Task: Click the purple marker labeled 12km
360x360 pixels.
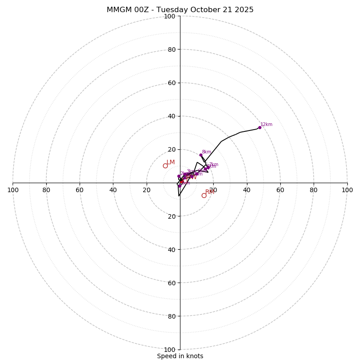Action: pos(260,127)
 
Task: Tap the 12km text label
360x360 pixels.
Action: pos(266,125)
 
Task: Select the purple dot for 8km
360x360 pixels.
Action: pos(201,155)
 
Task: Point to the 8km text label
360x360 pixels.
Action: pos(207,152)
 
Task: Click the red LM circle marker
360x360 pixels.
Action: pos(165,166)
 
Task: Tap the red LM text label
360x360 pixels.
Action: pos(171,162)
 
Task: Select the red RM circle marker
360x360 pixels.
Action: pos(204,195)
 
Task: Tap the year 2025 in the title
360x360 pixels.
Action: pos(243,10)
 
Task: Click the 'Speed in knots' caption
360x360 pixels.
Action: pos(180,356)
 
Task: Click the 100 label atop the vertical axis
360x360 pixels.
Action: pos(170,16)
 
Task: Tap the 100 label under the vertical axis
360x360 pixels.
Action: pos(170,349)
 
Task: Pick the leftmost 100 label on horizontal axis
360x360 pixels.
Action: pos(13,190)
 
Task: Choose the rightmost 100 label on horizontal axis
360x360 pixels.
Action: pos(347,190)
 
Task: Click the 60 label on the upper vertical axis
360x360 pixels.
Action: pos(171,83)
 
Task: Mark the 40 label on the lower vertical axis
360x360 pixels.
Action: pos(171,249)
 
